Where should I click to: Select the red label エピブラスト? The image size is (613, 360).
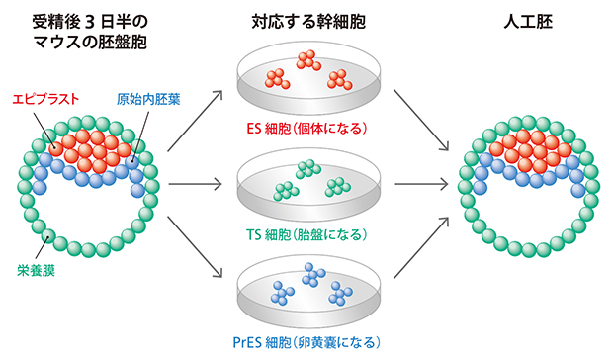point(45,100)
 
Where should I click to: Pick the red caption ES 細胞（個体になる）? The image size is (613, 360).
point(306,129)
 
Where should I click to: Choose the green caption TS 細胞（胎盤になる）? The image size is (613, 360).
point(306,234)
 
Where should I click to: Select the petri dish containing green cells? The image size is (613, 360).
point(306,188)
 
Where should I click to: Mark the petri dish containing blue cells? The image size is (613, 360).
point(306,294)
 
